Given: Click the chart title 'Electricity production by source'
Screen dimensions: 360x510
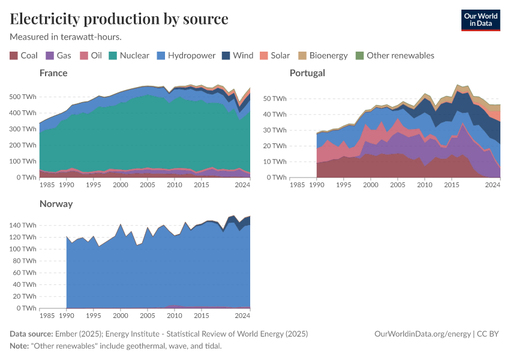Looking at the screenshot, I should [x=119, y=19].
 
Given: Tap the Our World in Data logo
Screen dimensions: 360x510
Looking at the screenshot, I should [x=480, y=20].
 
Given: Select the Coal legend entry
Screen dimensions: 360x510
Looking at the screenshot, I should [x=24, y=56].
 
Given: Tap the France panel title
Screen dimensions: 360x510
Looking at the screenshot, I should [x=53, y=73].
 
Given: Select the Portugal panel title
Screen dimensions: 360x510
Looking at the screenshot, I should [x=307, y=73].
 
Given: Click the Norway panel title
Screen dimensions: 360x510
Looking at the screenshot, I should [x=56, y=204].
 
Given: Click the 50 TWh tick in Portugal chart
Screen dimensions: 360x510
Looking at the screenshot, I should [x=275, y=98].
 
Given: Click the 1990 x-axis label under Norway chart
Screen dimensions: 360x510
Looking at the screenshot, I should [x=66, y=316].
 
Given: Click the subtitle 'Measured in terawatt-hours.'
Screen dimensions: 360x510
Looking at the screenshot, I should [x=66, y=37].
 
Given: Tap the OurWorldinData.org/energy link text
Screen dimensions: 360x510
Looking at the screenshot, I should [x=422, y=334].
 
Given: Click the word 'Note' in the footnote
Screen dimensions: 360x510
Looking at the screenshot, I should [x=20, y=346].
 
